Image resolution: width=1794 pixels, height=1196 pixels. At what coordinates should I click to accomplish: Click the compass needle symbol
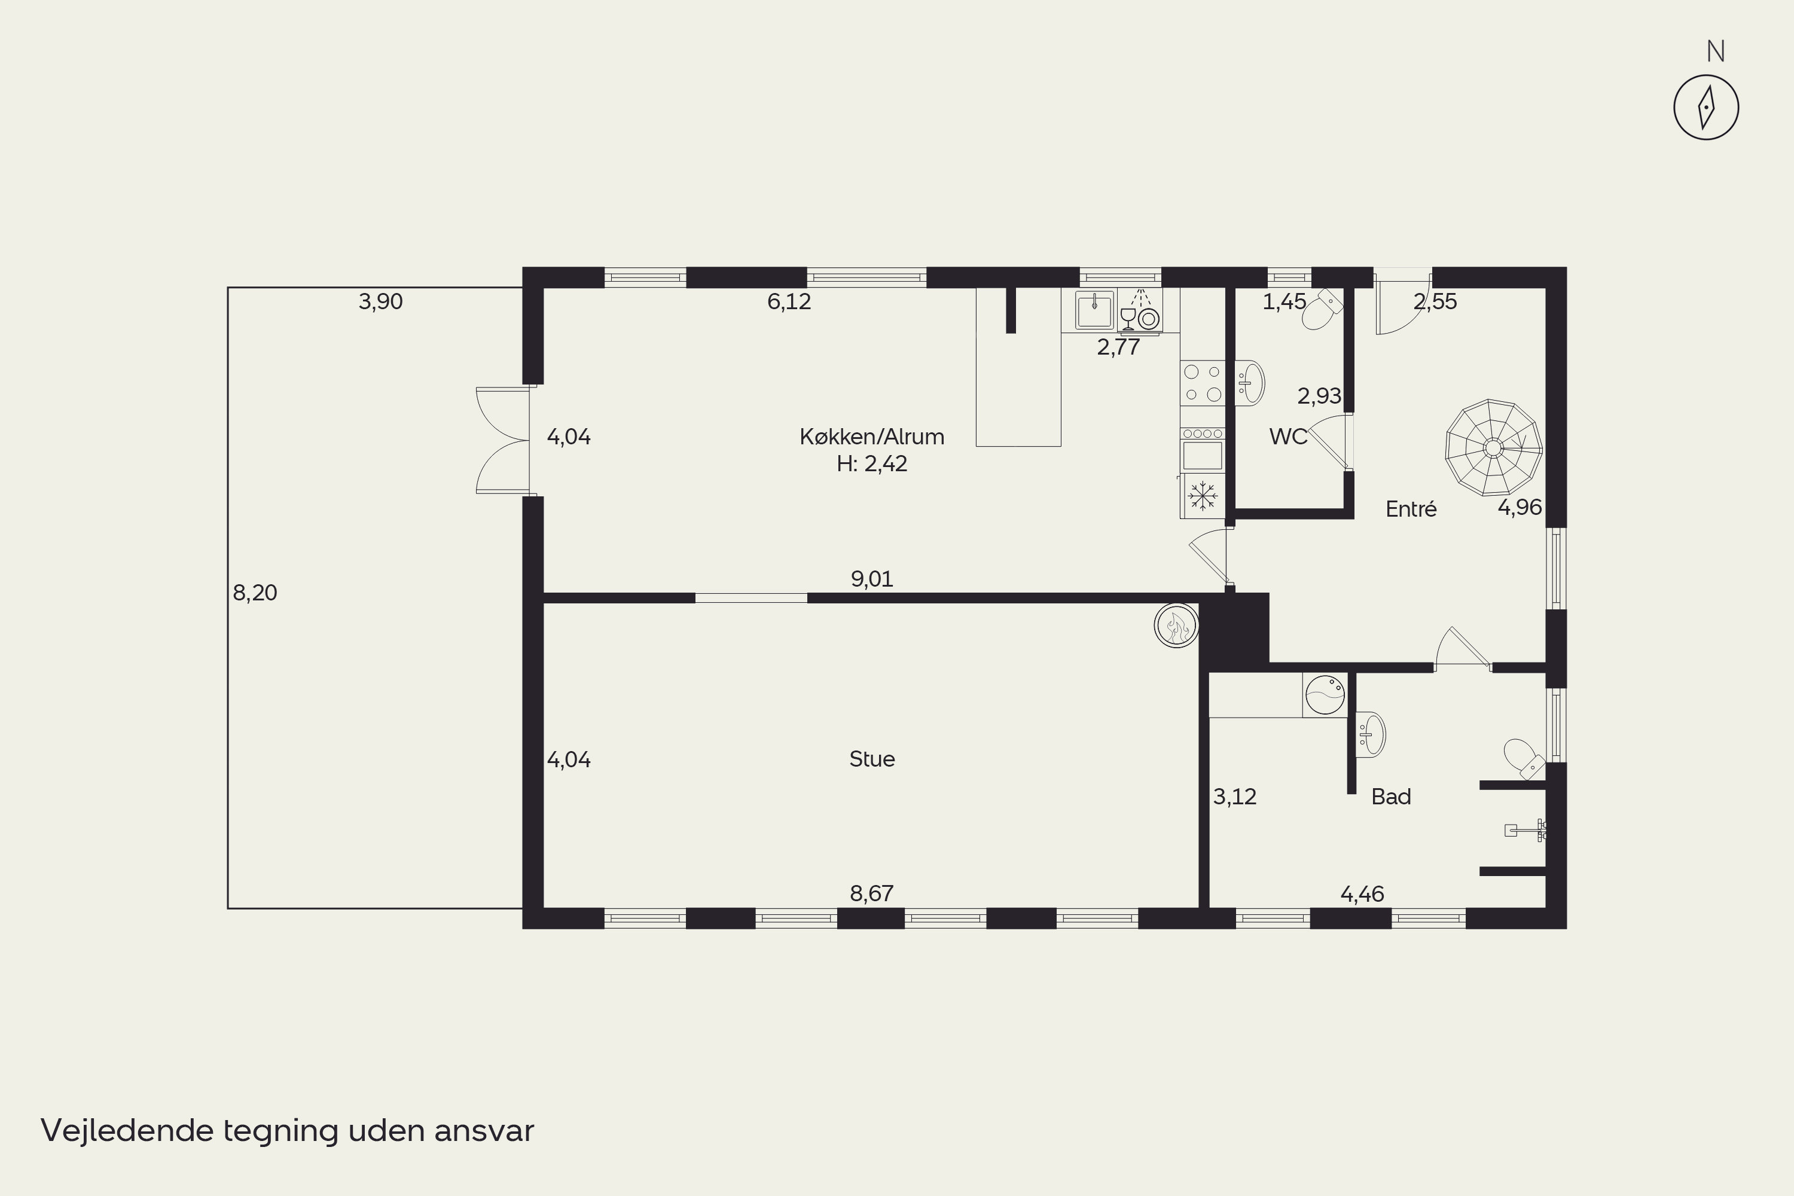(1706, 108)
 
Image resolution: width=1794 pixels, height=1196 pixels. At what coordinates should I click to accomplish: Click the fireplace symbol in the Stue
(1176, 626)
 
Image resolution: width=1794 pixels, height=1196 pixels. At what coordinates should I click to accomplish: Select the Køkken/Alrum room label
(872, 437)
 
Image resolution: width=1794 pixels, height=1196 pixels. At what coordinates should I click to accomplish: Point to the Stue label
(872, 759)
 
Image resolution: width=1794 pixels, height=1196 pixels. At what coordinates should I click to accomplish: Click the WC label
(1287, 437)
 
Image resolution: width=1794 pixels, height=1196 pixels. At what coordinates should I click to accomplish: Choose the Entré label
(1411, 509)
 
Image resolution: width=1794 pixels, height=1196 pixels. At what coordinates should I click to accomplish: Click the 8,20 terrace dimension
(255, 593)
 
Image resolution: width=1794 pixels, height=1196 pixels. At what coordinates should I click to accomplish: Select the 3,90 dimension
(380, 301)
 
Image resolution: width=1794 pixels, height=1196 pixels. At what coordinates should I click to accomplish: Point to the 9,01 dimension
(872, 579)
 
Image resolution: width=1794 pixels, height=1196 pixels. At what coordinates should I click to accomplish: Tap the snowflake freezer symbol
(1203, 496)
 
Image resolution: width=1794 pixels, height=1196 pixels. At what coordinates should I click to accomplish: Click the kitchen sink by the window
(1094, 310)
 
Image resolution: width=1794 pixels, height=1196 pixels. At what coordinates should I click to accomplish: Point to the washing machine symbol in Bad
(1325, 695)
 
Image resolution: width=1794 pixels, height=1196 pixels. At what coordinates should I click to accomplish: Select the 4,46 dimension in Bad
(1362, 894)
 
